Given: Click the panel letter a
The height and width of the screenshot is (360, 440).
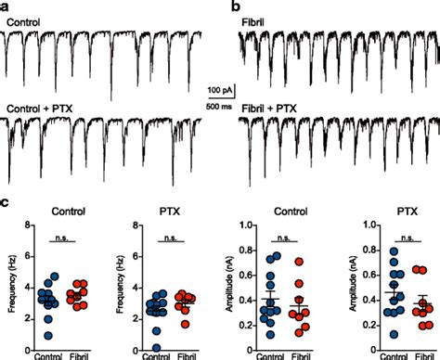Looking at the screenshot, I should pos(5,6).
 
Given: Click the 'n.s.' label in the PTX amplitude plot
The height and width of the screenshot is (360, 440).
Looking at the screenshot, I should pos(407,236).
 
